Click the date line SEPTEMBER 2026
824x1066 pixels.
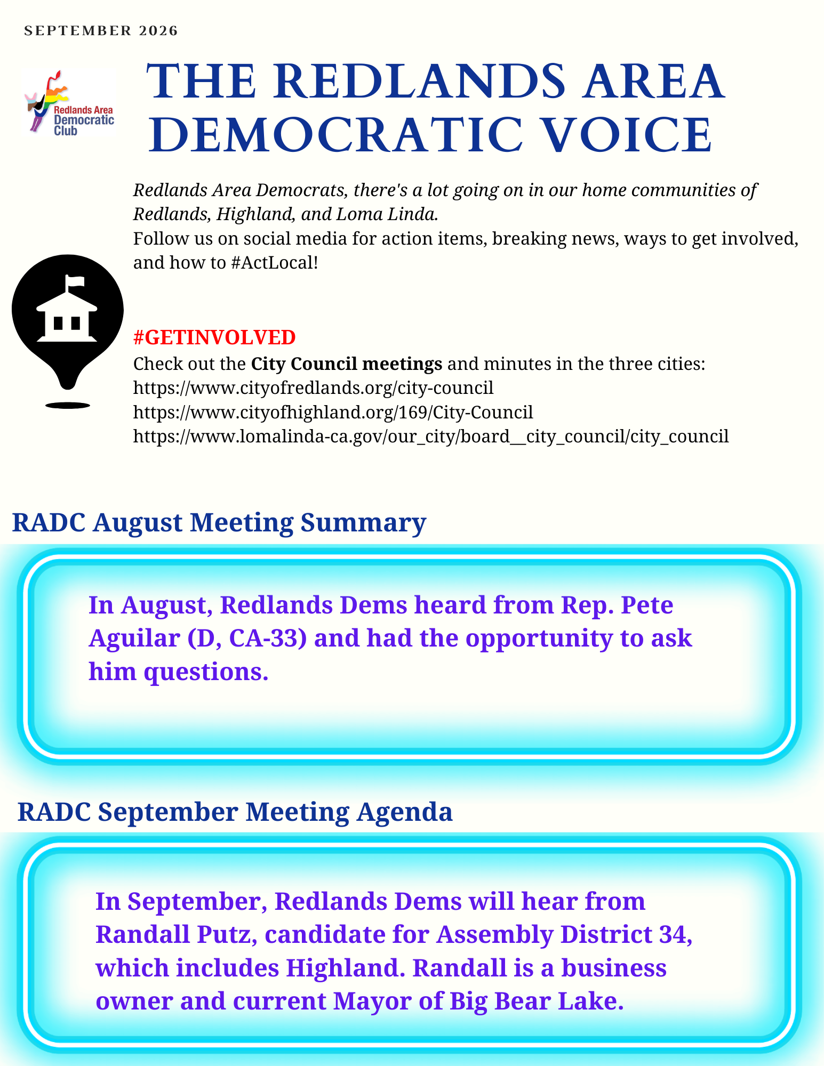(101, 31)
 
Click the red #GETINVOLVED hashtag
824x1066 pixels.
(214, 337)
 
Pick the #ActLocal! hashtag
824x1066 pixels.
(275, 263)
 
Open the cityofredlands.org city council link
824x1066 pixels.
(313, 387)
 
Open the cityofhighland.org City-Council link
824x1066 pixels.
(333, 412)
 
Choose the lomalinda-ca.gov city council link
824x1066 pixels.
(431, 437)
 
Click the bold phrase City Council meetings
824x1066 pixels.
(347, 364)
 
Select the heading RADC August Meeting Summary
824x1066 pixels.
(219, 522)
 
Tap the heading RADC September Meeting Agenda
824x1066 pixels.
(235, 812)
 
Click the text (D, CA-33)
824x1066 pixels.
(247, 639)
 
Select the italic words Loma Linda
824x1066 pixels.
(385, 214)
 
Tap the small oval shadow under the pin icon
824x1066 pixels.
(68, 406)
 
